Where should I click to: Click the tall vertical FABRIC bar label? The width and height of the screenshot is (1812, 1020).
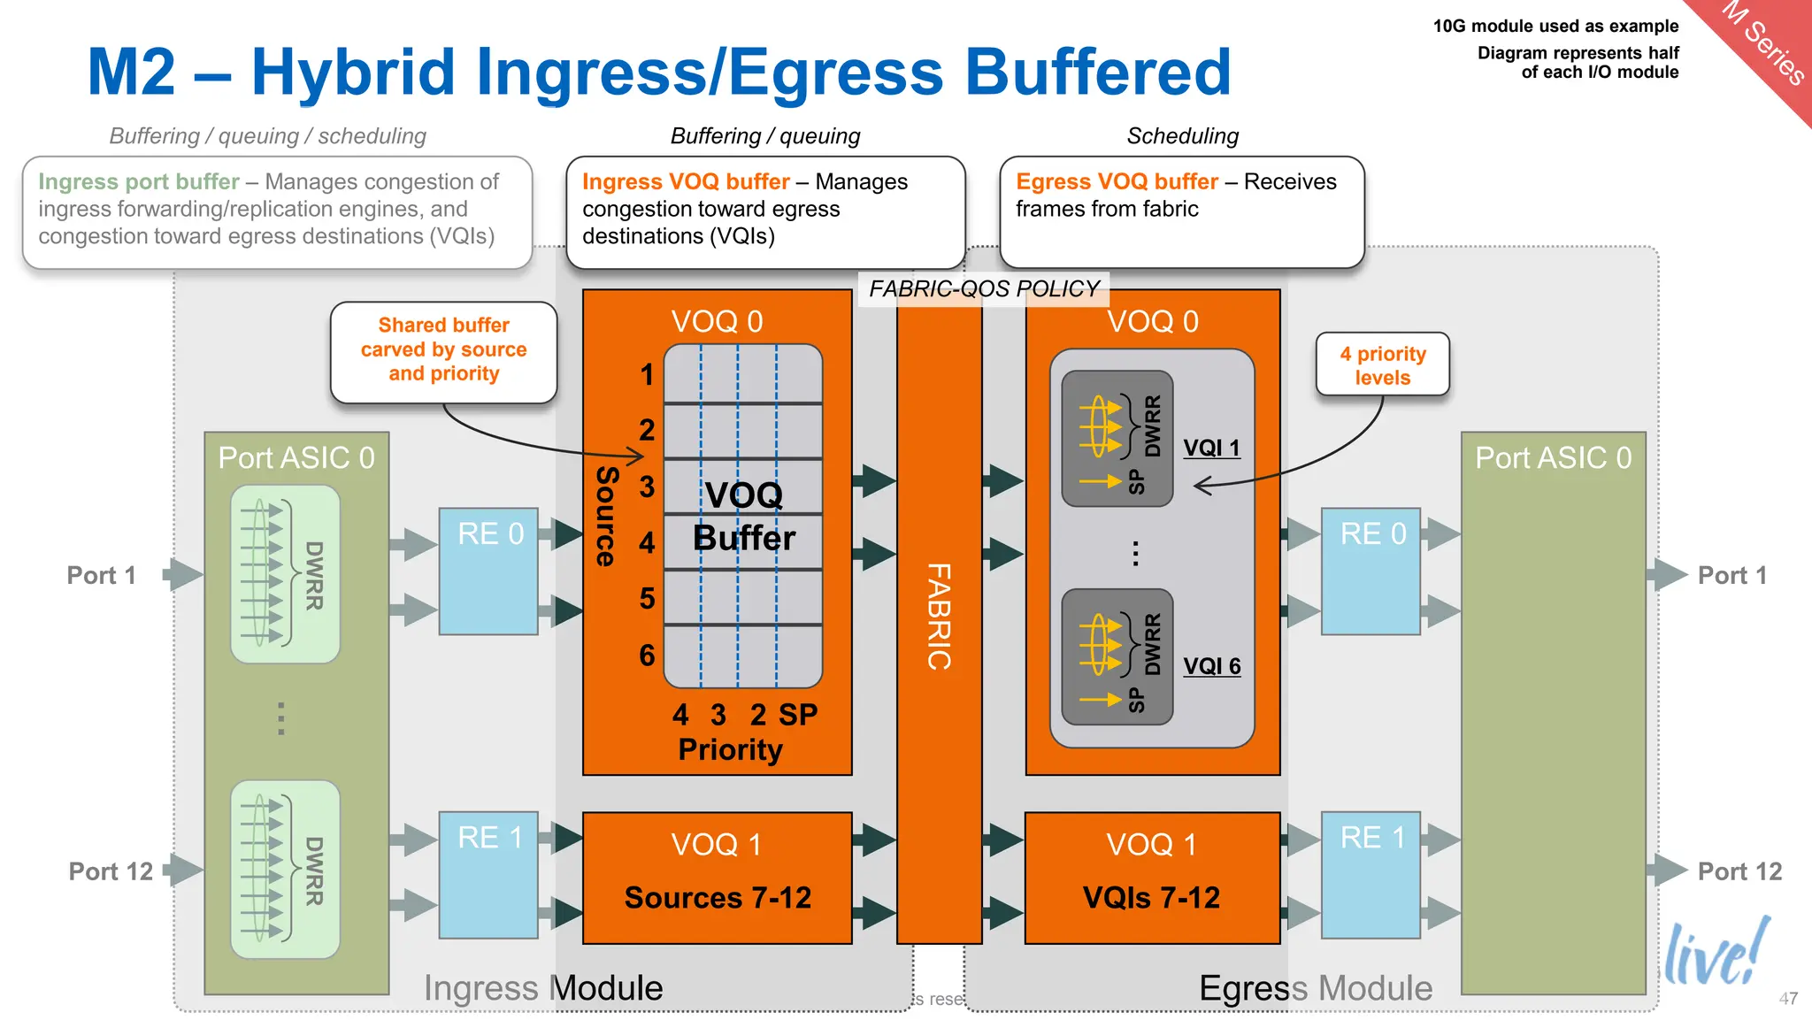939,616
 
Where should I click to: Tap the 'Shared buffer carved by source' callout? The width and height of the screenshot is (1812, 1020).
443,350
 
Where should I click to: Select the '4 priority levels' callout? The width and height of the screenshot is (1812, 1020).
1382,364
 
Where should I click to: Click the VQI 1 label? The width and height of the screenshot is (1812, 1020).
1211,448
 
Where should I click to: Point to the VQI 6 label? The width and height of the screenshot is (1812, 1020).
1211,665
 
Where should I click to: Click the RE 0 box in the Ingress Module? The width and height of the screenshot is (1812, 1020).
489,571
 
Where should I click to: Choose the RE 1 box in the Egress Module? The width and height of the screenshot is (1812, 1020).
1371,874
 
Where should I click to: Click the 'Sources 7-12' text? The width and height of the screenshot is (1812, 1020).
718,897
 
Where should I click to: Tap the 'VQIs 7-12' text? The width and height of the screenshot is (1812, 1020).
1151,897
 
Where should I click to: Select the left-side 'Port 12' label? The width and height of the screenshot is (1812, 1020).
111,870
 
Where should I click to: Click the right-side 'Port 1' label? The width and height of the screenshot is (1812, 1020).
1731,575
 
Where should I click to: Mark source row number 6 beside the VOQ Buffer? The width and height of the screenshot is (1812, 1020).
647,655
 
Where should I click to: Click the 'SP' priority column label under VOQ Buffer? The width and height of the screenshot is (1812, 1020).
797,714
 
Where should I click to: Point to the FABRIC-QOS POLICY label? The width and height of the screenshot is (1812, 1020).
983,288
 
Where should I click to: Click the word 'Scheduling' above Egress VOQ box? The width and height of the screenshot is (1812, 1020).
1182,135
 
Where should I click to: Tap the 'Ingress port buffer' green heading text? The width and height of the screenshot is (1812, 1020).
139,181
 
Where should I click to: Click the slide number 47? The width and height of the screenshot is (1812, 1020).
1788,998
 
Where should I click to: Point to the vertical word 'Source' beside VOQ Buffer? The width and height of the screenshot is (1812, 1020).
606,516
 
